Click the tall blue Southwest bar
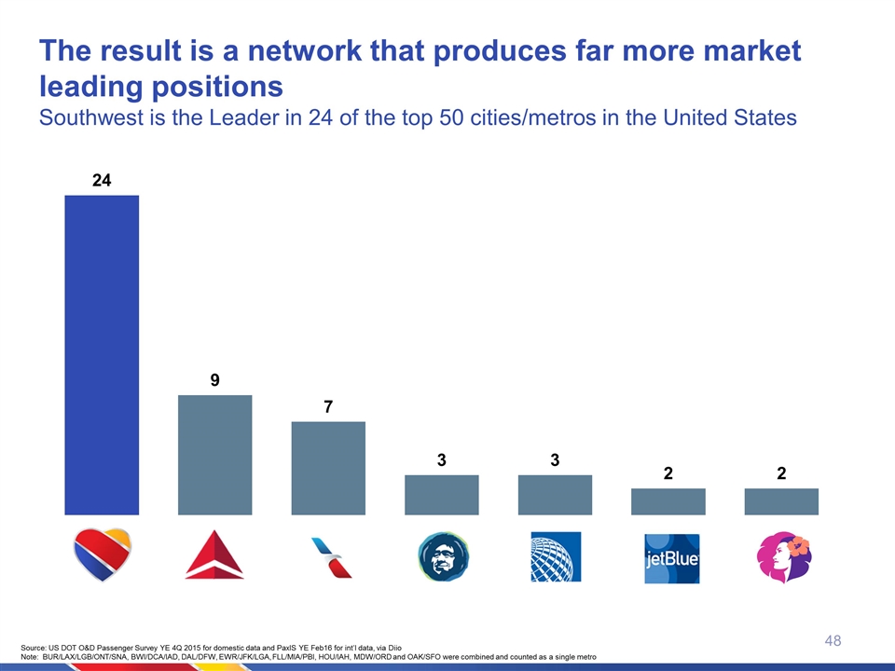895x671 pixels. [102, 354]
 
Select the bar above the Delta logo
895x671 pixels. [214, 455]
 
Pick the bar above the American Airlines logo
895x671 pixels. [328, 468]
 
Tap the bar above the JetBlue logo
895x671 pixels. [668, 501]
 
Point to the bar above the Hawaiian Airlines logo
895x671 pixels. [781, 501]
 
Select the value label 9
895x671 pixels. [214, 380]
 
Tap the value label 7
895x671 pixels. [328, 407]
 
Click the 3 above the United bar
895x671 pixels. [555, 459]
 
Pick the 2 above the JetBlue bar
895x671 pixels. [668, 473]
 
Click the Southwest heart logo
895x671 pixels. [102, 554]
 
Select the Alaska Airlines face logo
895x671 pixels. [442, 556]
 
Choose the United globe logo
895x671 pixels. [556, 556]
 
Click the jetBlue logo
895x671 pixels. [671, 558]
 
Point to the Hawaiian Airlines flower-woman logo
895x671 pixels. [784, 556]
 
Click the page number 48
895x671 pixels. [833, 640]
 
